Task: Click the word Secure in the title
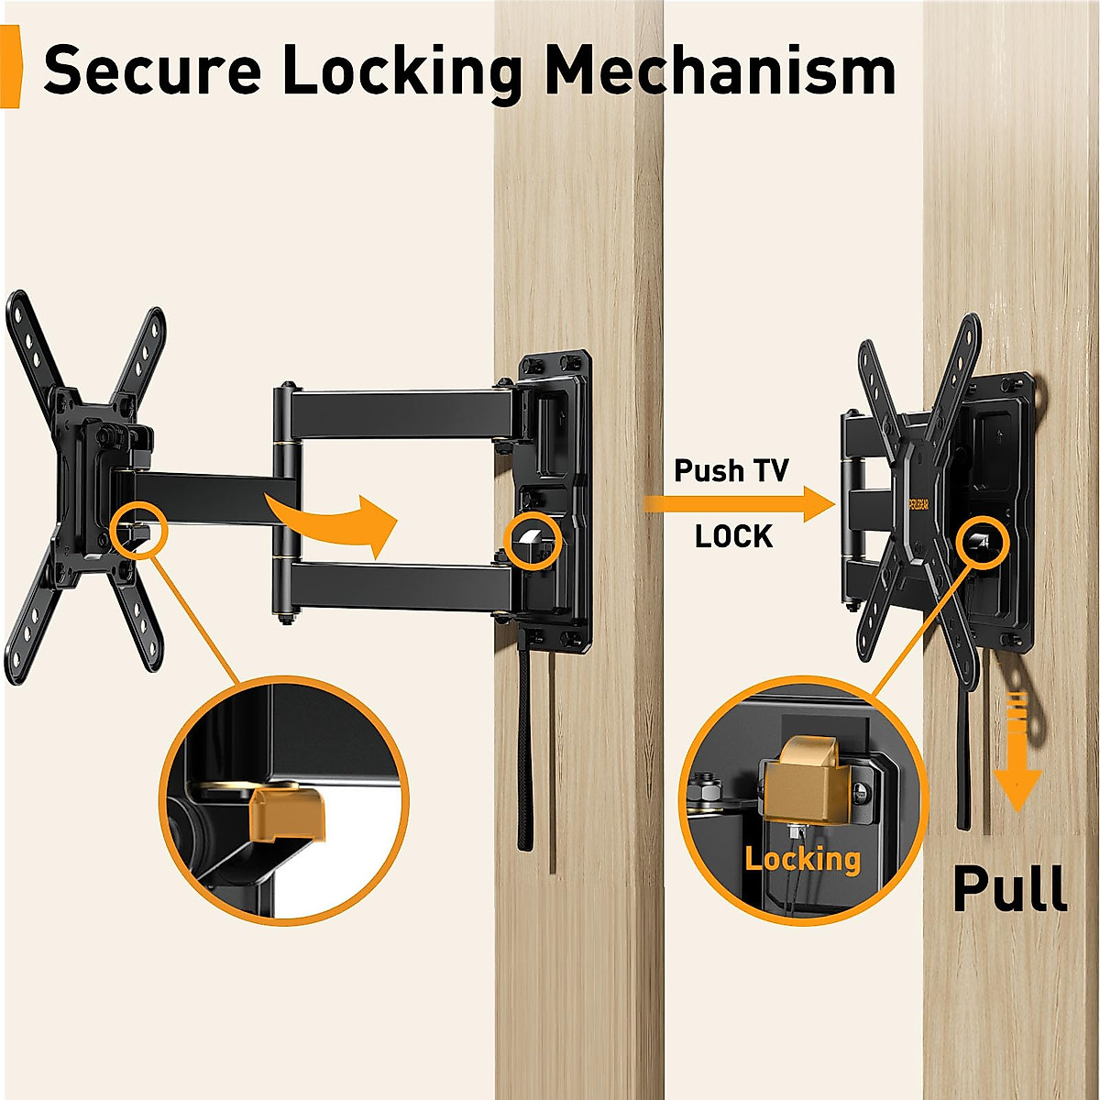pos(152,70)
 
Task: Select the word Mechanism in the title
pos(720,70)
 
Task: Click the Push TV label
pos(731,471)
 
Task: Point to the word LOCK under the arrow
pos(733,536)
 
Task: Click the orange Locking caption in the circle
pos(803,859)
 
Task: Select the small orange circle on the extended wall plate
pos(533,536)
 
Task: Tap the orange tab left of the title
pos(11,69)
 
